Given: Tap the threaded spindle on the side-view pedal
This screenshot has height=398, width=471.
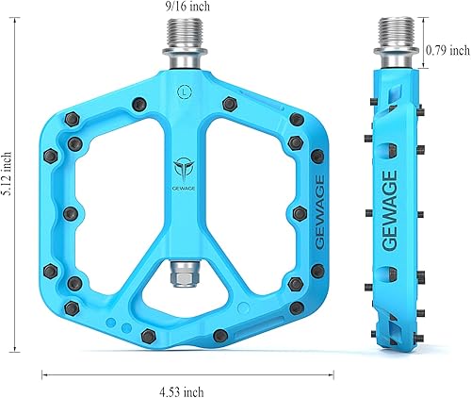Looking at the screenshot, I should (x=398, y=49).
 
